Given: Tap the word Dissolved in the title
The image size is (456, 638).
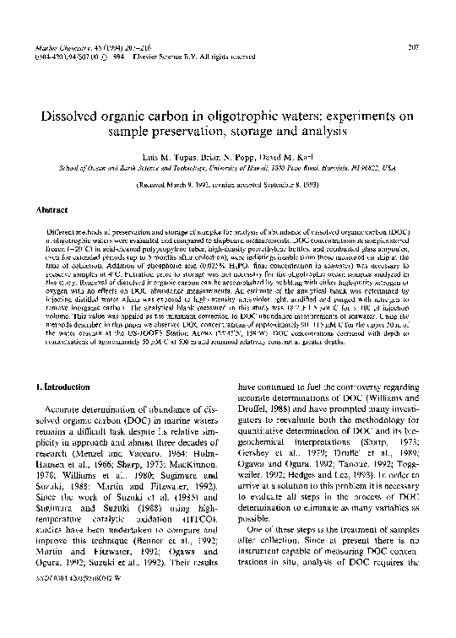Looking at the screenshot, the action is tap(72, 116).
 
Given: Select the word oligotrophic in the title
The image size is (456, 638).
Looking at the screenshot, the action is tap(234, 116).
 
